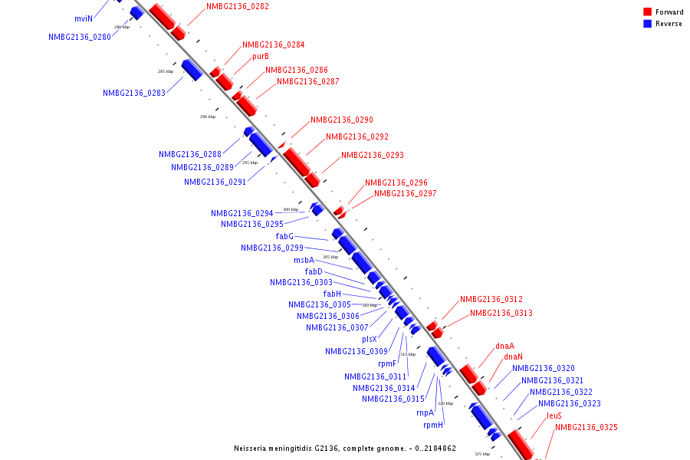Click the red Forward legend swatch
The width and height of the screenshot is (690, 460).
[x=648, y=12]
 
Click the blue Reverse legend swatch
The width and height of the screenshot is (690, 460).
[x=648, y=24]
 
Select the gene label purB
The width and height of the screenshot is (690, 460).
[x=261, y=56]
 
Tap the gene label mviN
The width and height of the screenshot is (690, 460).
[x=83, y=18]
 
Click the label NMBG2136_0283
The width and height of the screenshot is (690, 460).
[x=134, y=93]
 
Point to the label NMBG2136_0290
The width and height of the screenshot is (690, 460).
[x=342, y=120]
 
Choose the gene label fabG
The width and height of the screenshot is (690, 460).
[x=284, y=236]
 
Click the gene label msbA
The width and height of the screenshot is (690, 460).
[x=304, y=260]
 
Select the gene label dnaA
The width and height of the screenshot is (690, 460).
[x=504, y=346]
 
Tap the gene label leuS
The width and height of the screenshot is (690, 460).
[x=554, y=416]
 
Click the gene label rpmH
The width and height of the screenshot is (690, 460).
[x=433, y=425]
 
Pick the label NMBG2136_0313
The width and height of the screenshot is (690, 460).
[x=501, y=313]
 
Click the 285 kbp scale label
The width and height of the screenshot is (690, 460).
[x=166, y=71]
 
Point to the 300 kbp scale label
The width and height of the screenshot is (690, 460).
[x=291, y=209]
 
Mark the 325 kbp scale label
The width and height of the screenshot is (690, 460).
[x=481, y=454]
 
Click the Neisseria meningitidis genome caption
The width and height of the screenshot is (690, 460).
[x=345, y=448]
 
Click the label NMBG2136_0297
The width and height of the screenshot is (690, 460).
[x=406, y=193]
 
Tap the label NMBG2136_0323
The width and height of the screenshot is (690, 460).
[x=570, y=403]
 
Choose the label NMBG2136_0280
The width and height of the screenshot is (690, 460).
[x=80, y=37]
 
